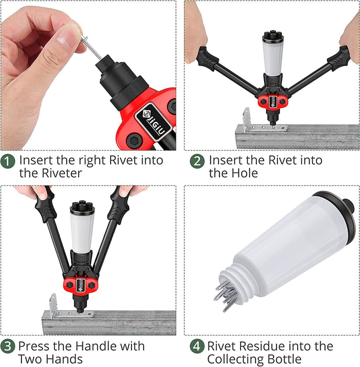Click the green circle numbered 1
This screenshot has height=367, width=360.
coord(7,161)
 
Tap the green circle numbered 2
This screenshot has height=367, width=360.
coord(197,161)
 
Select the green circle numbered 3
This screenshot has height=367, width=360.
coord(7,346)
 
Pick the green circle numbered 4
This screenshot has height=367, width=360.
coord(197,346)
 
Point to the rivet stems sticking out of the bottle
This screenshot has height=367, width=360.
coord(225,296)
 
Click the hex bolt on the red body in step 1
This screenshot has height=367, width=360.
coord(134,141)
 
